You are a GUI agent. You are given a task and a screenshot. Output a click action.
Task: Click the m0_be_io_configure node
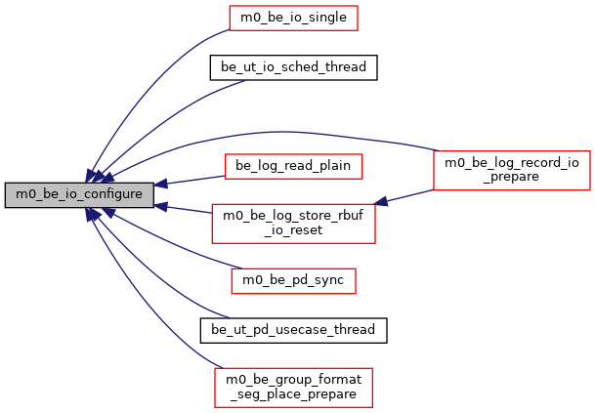(x=78, y=194)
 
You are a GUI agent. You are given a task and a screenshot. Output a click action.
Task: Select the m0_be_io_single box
(x=294, y=17)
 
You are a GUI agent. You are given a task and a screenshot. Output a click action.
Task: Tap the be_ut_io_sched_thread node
(x=294, y=67)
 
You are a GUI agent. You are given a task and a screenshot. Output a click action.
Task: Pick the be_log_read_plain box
(x=294, y=165)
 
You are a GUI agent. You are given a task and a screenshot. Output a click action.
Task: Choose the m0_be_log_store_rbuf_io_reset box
(x=294, y=222)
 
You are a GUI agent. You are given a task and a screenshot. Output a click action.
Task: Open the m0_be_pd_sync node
(x=294, y=280)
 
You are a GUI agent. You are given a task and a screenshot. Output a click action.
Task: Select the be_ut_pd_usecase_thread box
(x=294, y=329)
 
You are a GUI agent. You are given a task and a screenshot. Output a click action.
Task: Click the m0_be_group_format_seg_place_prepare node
(x=294, y=386)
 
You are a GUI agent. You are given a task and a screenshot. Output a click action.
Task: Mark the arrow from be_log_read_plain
(x=195, y=179)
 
